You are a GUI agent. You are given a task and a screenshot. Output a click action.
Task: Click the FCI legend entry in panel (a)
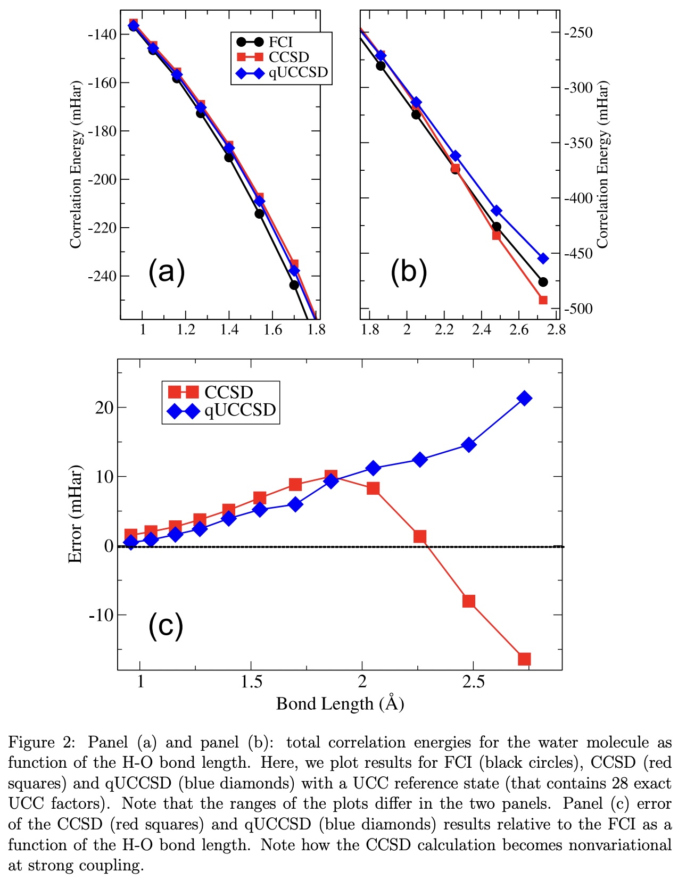tap(280, 42)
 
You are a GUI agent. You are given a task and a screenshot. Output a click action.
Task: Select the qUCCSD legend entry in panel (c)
tap(240, 410)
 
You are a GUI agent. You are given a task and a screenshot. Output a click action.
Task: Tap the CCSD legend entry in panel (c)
tap(228, 392)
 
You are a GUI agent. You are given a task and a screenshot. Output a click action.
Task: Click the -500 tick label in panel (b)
tap(578, 309)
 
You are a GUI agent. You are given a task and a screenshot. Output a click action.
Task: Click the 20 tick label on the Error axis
tap(104, 408)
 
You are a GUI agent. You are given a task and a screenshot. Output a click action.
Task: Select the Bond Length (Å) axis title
tap(340, 704)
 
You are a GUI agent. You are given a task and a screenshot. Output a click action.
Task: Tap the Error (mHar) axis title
tap(75, 513)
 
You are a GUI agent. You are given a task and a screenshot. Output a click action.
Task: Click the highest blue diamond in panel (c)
tap(524, 398)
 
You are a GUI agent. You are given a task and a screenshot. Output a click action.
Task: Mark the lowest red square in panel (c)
tap(524, 659)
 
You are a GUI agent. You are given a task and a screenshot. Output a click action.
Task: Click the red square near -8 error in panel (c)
tap(469, 601)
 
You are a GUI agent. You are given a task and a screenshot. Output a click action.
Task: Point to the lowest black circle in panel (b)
tap(543, 282)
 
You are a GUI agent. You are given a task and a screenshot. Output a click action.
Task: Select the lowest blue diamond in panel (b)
tap(543, 259)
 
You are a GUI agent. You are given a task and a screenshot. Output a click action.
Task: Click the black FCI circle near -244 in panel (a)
tap(294, 285)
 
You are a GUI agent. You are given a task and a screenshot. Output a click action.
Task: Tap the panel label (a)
tap(167, 271)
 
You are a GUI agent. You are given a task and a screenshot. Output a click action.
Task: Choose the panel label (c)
tap(166, 625)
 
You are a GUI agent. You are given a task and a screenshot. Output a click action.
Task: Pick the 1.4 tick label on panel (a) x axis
tap(229, 330)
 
